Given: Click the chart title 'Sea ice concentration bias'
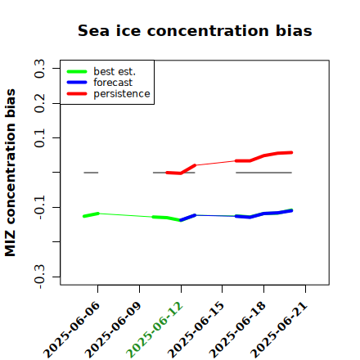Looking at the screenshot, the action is pos(195,30).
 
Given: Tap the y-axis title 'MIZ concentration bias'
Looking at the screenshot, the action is pos(11,173).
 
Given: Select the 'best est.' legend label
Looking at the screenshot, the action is pos(115,71).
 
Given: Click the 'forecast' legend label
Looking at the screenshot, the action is pos(113,83).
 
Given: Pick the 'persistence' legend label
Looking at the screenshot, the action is pos(122,94).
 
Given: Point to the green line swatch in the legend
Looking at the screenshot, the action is pos(77,72).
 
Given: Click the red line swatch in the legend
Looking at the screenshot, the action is pos(77,94).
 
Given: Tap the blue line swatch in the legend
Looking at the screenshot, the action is pos(77,83).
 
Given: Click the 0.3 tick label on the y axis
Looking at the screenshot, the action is pos(39,69).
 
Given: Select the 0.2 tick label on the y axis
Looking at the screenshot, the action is pos(39,103).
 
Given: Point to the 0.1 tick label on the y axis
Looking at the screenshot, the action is pos(39,138).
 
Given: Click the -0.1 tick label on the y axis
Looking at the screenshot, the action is pos(39,207).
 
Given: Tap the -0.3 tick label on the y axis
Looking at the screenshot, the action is pos(39,277).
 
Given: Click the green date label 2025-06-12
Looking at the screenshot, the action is pos(155,330).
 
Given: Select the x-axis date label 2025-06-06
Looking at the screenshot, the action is pos(71,330).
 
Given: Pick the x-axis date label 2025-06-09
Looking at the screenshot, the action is pos(113,330).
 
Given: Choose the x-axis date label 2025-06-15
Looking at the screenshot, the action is pos(196,330).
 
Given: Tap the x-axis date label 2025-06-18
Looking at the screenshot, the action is pos(237,330).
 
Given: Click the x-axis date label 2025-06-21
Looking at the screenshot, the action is pos(279,330).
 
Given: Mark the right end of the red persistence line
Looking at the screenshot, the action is pos(291,152).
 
